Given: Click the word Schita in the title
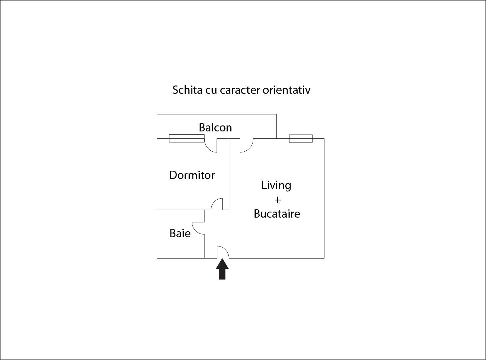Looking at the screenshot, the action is tap(187, 90).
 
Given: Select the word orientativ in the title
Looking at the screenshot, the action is tap(287, 90).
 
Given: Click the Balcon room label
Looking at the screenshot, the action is tap(215, 127).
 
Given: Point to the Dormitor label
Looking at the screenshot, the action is tap(192, 175).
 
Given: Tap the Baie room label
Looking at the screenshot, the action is tap(180, 233).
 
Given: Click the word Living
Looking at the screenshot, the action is tap(276, 186).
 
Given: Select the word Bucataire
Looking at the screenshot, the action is tap(277, 214).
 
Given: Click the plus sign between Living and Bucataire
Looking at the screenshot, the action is tap(277, 200).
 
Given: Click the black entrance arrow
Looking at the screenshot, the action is tap(222, 269).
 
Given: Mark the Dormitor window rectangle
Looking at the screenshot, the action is tap(187, 138).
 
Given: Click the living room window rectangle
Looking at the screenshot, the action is tap(301, 138).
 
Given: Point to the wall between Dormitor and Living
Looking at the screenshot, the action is tap(229, 174).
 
